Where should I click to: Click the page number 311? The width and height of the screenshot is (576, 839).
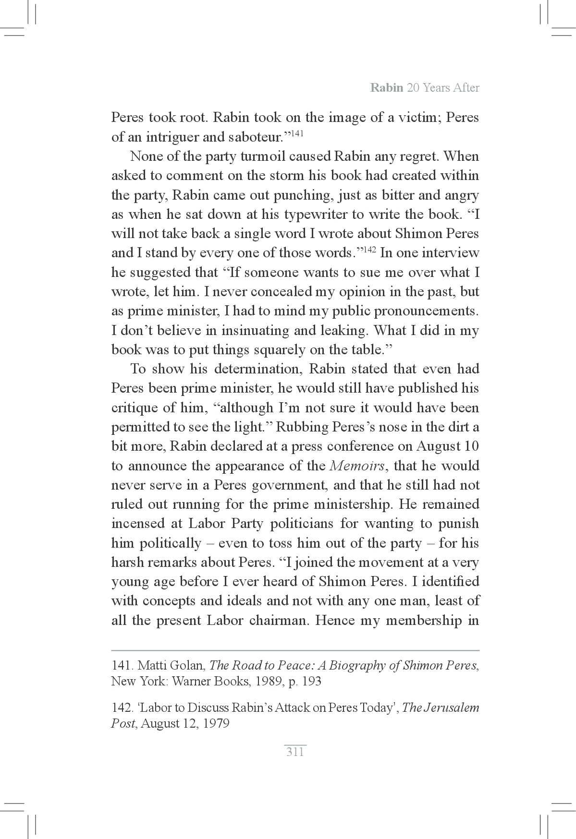click(x=295, y=752)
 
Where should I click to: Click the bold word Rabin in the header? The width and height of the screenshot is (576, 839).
click(x=386, y=88)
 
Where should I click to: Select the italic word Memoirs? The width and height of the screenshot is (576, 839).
click(x=358, y=466)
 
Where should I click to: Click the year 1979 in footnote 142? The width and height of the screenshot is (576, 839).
click(x=215, y=723)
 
